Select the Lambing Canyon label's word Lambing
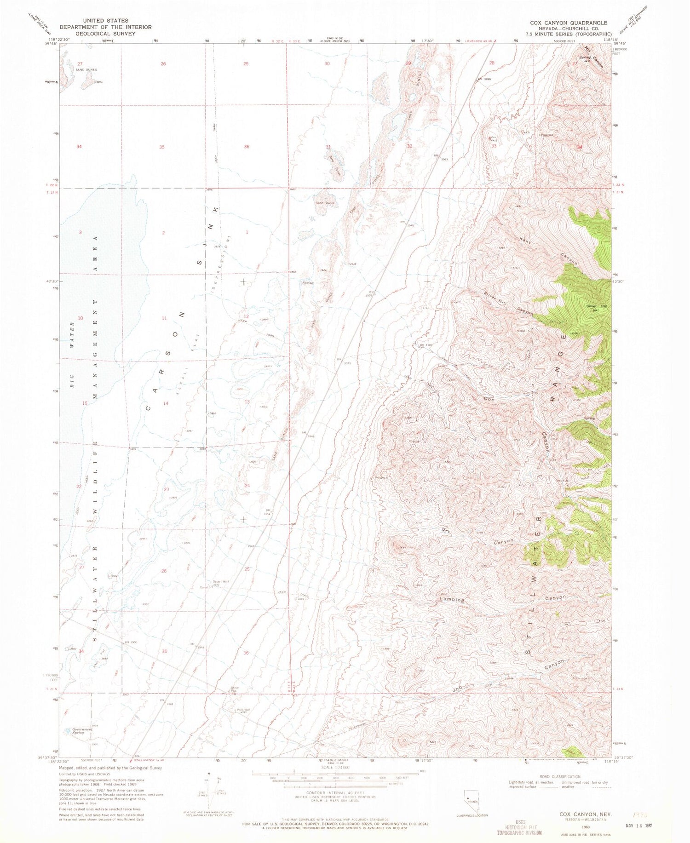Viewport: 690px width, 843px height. pyautogui.click(x=452, y=600)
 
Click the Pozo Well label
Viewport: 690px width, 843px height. pyautogui.click(x=243, y=710)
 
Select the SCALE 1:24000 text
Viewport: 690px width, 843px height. pyautogui.click(x=328, y=768)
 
